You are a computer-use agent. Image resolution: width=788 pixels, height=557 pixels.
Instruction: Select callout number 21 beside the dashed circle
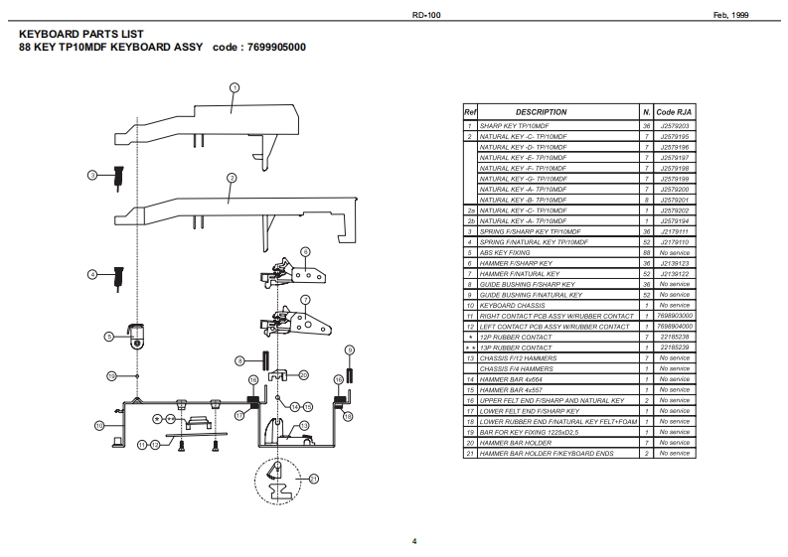[314, 479]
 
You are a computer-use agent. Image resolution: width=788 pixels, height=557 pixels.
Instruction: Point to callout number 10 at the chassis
[99, 425]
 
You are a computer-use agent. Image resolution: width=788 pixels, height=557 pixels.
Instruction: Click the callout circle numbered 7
[305, 298]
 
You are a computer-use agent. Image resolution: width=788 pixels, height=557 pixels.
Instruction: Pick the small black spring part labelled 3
[118, 177]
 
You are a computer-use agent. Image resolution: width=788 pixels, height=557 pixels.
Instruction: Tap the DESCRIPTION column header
[541, 112]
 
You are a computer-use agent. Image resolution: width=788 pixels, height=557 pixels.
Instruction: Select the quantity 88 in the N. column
[646, 252]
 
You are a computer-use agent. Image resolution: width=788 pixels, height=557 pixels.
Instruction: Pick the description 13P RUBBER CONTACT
[516, 348]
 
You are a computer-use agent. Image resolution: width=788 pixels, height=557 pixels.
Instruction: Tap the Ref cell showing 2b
[470, 220]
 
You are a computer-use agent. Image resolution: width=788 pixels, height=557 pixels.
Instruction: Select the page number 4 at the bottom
[414, 540]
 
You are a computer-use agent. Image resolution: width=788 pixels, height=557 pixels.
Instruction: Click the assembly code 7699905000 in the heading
[273, 47]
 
